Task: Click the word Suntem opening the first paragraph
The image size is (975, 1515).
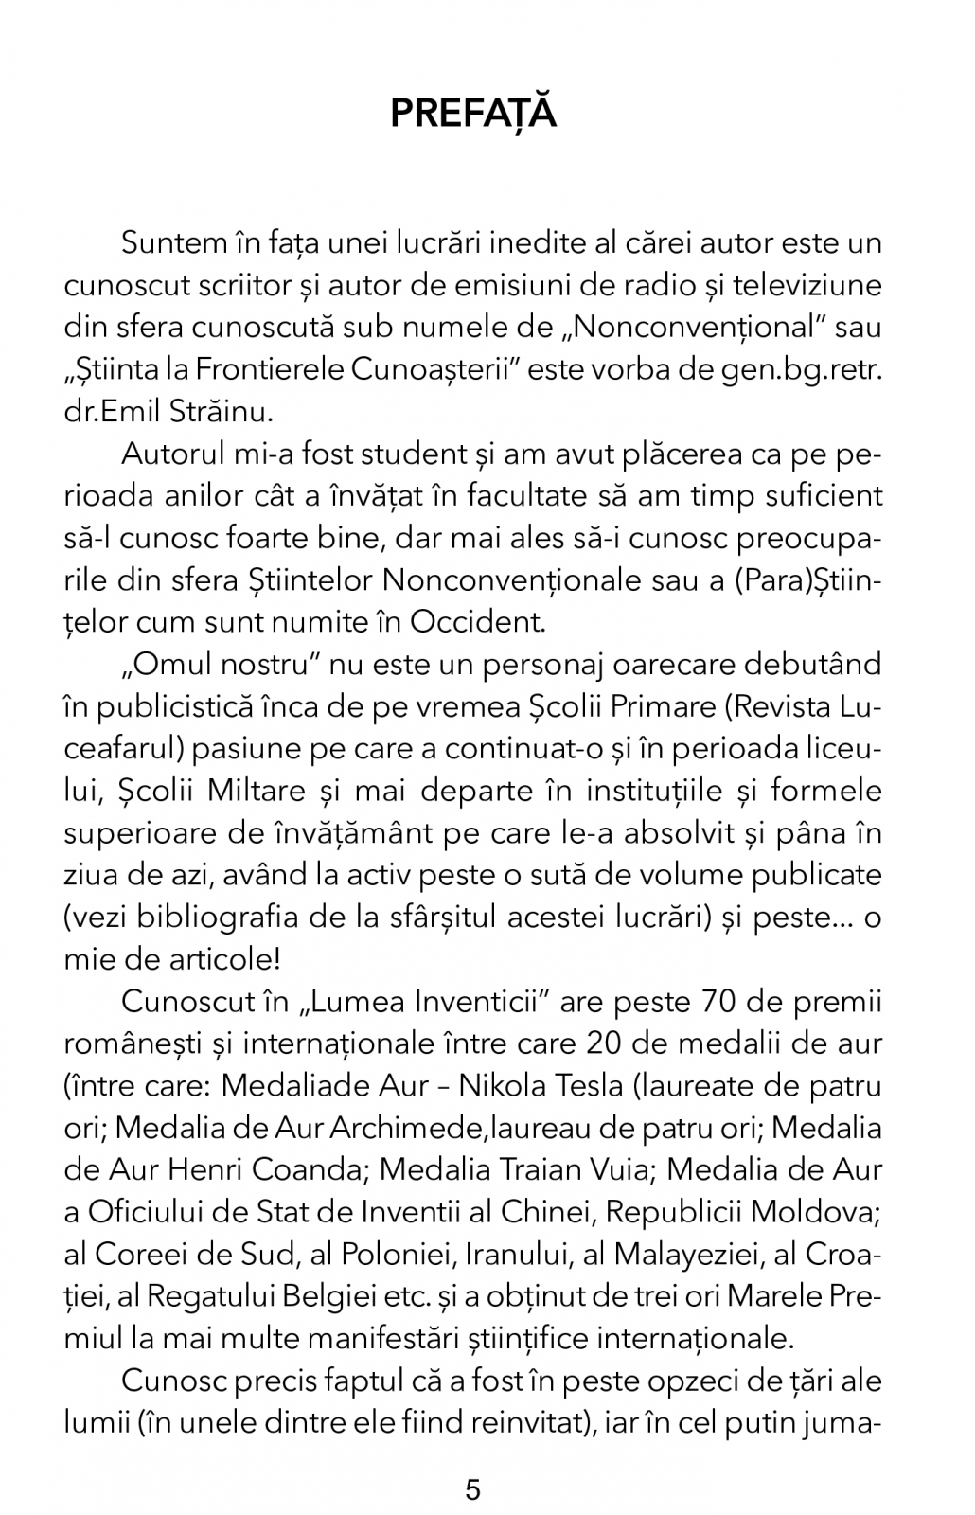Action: pos(170,243)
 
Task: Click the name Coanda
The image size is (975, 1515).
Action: pos(308,1169)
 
